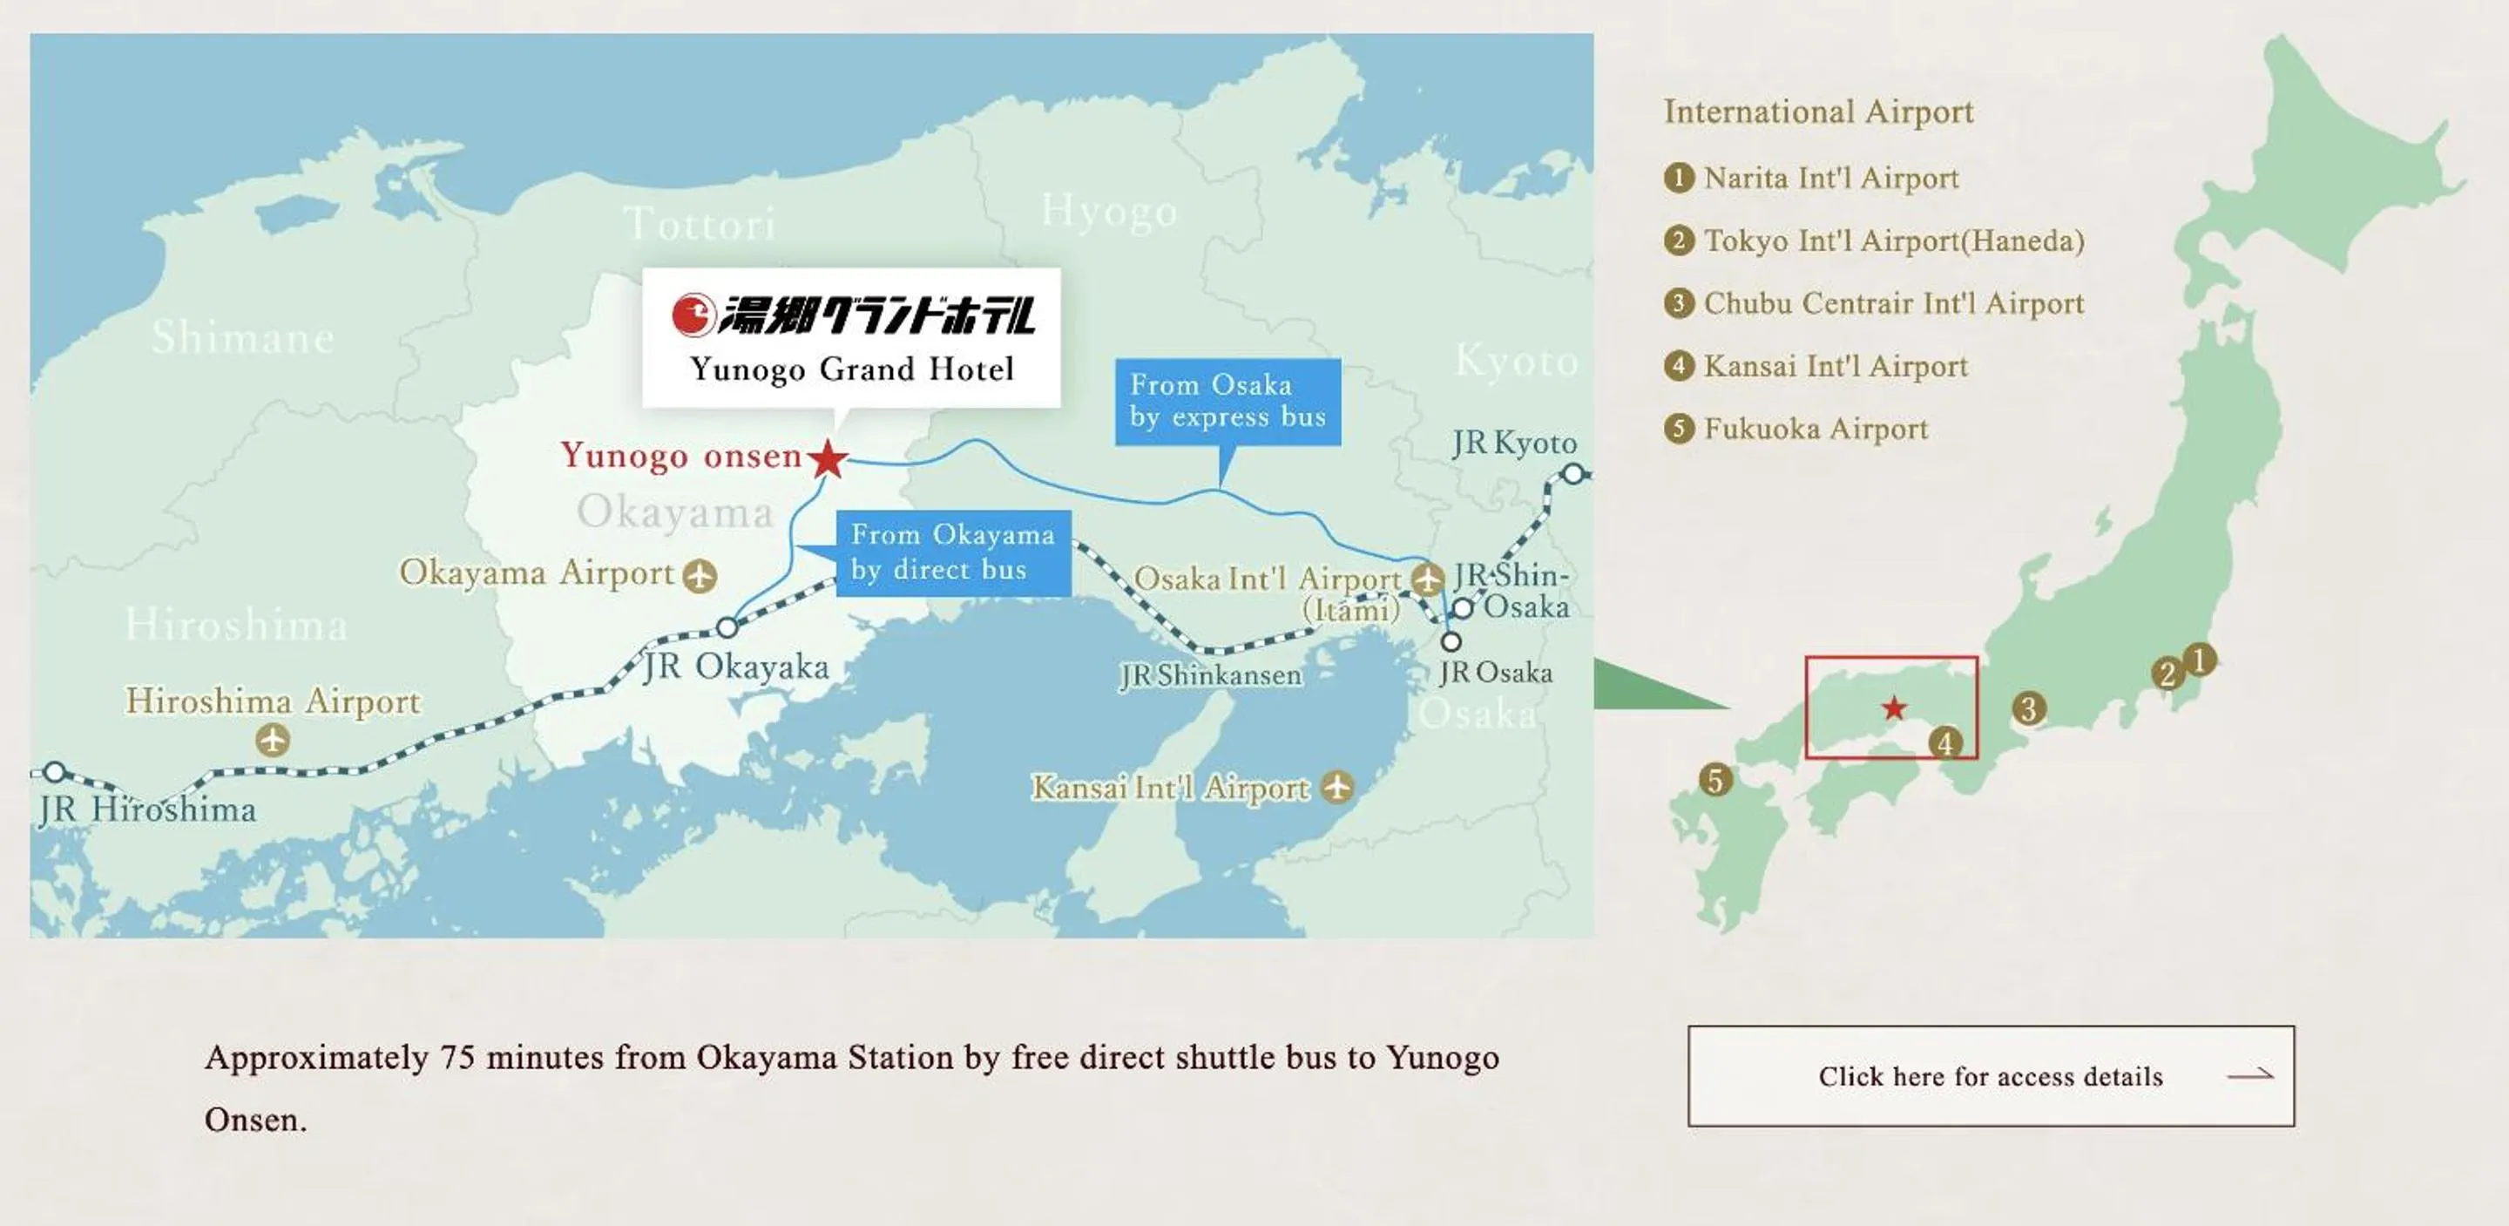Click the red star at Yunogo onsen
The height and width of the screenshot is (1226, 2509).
click(828, 458)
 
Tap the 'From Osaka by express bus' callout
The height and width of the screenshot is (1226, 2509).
click(1227, 402)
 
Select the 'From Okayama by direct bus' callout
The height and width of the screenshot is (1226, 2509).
click(952, 552)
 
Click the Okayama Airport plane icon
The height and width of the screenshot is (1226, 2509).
click(700, 576)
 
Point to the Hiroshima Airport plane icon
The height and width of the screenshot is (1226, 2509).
click(273, 741)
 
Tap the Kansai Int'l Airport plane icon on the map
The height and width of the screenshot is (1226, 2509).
click(1337, 787)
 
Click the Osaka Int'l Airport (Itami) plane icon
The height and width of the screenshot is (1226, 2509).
click(1428, 579)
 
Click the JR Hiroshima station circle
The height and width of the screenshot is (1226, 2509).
click(56, 773)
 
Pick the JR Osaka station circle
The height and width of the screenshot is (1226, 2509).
click(1451, 641)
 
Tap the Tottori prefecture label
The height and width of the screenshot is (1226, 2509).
click(700, 224)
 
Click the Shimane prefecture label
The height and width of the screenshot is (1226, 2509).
click(244, 337)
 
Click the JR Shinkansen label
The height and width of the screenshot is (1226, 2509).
click(1211, 675)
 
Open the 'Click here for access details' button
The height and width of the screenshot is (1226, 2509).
click(1991, 1076)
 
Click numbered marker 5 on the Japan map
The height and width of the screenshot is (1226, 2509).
click(1715, 780)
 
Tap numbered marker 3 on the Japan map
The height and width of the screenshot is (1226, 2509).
click(2029, 708)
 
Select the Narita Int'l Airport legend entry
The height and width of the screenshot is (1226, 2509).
click(1830, 179)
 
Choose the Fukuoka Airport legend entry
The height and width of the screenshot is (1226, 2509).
click(1815, 429)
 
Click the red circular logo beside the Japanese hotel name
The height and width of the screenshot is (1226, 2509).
click(693, 315)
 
